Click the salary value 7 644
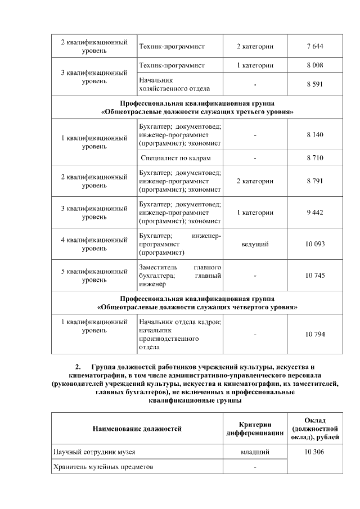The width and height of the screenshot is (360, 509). pos(315,46)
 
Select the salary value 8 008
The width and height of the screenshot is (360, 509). pos(315,66)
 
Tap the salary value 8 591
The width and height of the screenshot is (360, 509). pos(315,84)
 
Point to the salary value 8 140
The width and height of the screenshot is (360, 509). pos(315,136)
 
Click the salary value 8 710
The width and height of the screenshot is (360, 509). pos(315,158)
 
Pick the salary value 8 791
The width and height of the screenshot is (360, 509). pos(315,181)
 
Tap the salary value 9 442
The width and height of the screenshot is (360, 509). pos(315,213)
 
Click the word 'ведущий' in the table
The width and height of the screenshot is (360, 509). pos(255,244)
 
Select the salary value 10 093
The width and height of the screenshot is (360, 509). pos(315,244)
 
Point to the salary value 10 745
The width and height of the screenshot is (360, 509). pos(315,276)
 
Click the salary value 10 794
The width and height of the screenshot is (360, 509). pos(315,334)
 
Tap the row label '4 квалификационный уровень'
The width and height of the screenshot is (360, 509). pos(94,244)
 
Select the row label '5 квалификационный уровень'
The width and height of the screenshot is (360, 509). pos(94,276)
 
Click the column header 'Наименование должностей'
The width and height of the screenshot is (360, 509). pos(137,429)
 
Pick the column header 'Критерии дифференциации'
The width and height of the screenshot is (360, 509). pos(255,429)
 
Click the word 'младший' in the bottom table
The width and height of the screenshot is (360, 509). pos(255,452)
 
